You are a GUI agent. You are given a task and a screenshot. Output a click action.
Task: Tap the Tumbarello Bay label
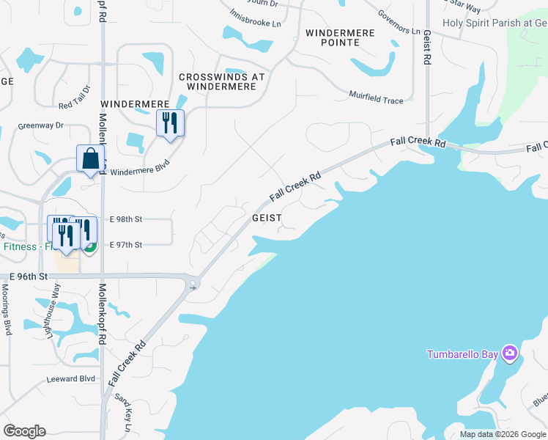463,355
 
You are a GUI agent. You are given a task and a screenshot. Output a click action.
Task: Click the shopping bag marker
90,159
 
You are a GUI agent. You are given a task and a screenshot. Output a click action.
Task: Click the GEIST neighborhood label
267,219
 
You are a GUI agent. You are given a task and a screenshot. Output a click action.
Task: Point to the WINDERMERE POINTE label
340,38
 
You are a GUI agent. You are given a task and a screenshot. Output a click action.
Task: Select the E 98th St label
126,219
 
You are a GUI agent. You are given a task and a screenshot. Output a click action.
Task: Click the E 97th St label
126,245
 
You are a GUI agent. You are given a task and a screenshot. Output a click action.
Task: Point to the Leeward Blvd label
71,378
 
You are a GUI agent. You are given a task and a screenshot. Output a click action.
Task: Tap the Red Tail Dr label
73,98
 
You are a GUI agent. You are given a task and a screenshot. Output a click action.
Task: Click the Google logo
24,431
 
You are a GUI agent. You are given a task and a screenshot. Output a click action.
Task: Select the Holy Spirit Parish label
495,23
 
